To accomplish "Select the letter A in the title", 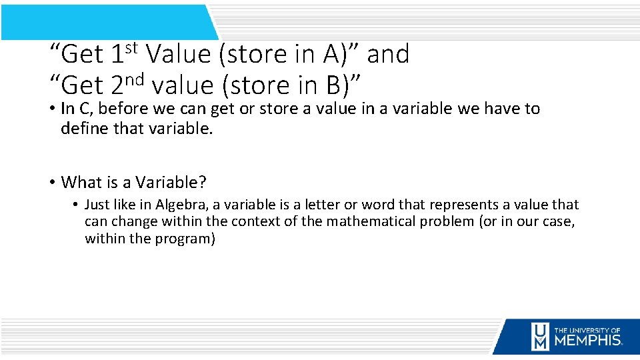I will coord(332,55).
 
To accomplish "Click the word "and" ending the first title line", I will coord(388,55).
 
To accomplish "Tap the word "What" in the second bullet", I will coord(81,182).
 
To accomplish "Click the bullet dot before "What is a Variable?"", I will coord(51,183).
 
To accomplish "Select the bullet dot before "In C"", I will coord(51,109).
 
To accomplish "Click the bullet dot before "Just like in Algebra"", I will coord(77,205).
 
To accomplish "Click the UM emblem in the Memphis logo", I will coord(540,336).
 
